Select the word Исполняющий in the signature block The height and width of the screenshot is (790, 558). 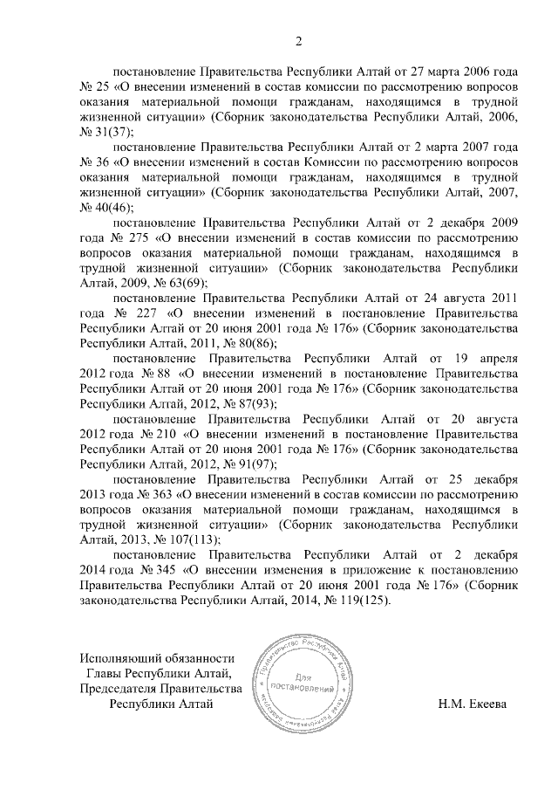(x=116, y=658)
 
